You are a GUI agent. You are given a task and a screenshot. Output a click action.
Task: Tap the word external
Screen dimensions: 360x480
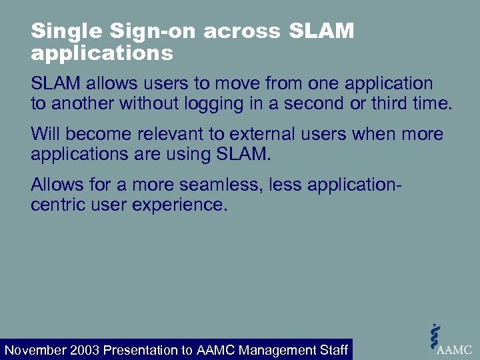pyautogui.click(x=264, y=134)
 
